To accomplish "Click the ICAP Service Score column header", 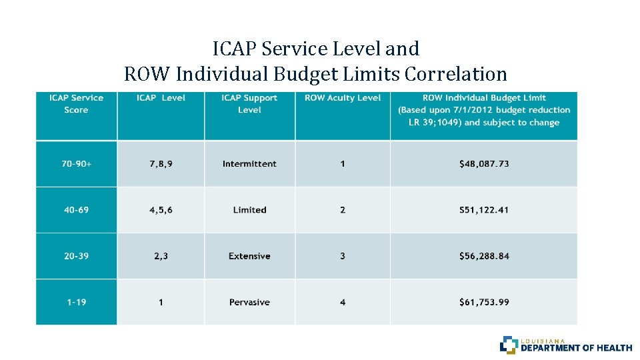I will [76, 104].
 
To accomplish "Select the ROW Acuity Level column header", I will [343, 98].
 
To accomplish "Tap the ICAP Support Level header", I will [249, 104].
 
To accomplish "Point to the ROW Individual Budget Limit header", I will [484, 110].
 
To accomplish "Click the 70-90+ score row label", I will [76, 164].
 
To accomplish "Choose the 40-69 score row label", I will [76, 210].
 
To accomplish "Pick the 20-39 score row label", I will [76, 256].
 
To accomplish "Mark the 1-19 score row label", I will [76, 302].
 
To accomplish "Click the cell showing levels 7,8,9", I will [161, 164].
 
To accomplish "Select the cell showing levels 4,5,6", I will [161, 210].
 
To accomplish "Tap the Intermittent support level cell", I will [249, 164].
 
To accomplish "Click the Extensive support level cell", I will [249, 256].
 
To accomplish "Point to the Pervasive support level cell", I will [249, 302].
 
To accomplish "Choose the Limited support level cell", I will [249, 210].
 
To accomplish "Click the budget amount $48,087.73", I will [484, 164].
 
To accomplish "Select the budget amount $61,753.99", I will [484, 302].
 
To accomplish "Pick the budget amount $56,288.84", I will [484, 256].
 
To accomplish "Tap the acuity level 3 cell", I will [343, 256].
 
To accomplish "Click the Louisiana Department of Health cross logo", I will [508, 344].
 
